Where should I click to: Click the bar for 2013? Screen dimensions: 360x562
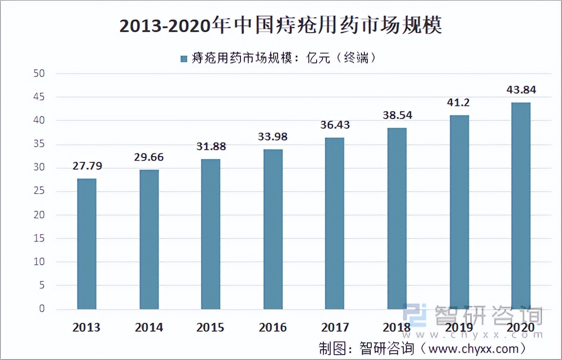pyautogui.click(x=86, y=244)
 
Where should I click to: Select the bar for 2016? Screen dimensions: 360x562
pyautogui.click(x=273, y=229)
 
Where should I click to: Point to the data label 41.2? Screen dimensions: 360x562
pyautogui.click(x=459, y=103)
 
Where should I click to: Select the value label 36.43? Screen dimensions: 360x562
pyautogui.click(x=335, y=125)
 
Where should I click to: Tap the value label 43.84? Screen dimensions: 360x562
pyautogui.click(x=521, y=90)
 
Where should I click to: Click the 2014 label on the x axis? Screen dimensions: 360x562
pyautogui.click(x=148, y=327)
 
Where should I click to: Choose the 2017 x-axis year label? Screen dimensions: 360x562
pyautogui.click(x=335, y=327)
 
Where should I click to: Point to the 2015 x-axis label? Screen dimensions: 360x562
pyautogui.click(x=210, y=327)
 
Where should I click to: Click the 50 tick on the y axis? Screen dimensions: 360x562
pyautogui.click(x=39, y=74)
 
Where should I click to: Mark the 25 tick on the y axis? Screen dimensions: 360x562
pyautogui.click(x=39, y=191)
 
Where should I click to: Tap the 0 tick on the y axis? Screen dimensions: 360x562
pyautogui.click(x=41, y=309)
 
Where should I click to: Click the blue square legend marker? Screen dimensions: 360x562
pyautogui.click(x=184, y=59)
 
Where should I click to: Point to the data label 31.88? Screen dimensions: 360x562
pyautogui.click(x=210, y=147)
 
